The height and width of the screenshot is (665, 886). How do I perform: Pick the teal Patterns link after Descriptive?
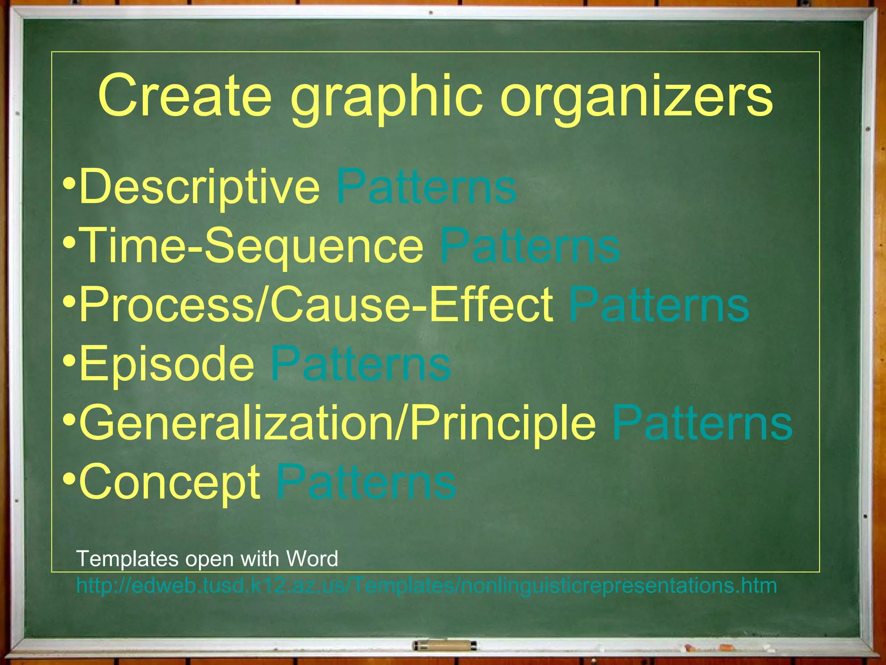point(426,187)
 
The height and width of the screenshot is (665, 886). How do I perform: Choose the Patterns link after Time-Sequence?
point(530,246)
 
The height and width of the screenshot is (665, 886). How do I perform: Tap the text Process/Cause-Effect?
point(316,305)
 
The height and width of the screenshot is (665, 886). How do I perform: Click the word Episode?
point(167,364)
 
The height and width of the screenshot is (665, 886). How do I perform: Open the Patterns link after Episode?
point(360,363)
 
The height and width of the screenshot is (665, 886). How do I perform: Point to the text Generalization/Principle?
point(338,423)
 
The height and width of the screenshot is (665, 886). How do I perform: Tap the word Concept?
point(170,482)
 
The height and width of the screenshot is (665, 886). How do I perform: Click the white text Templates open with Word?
point(207,558)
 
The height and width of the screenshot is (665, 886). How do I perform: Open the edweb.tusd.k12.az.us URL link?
point(426,586)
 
